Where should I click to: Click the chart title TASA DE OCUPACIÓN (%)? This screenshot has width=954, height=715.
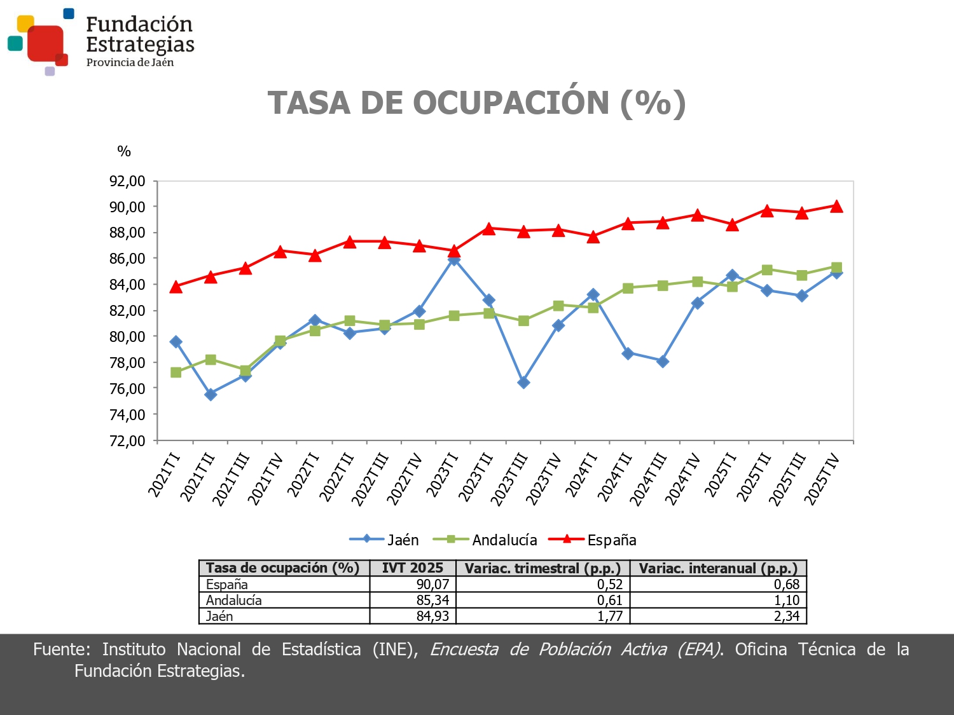(x=476, y=103)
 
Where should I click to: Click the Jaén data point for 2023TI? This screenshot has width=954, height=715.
(x=453, y=259)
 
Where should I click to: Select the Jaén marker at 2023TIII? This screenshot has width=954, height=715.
(x=523, y=383)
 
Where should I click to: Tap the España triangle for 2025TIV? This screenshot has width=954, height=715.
(x=836, y=207)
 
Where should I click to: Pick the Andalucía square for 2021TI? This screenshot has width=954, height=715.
(x=176, y=372)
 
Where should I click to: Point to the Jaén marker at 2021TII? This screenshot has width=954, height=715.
(x=211, y=395)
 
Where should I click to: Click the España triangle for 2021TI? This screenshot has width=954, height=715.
(x=176, y=287)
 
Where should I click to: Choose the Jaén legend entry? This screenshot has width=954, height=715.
(x=384, y=540)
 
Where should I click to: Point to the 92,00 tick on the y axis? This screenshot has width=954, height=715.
(x=127, y=181)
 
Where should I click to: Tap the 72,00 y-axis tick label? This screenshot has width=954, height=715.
(x=127, y=440)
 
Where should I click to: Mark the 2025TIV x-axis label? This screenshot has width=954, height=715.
(x=822, y=479)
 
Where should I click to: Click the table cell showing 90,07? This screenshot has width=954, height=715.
(x=432, y=585)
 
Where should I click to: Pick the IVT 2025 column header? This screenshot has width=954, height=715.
(x=412, y=568)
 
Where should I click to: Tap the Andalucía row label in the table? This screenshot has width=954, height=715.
(x=234, y=600)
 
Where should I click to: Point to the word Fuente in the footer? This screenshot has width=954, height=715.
(x=57, y=650)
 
